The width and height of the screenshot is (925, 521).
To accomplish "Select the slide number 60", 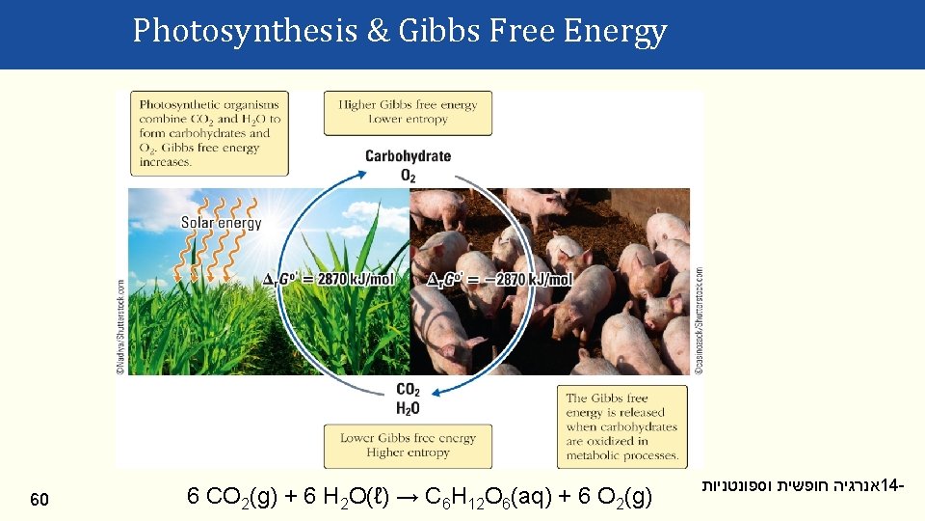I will click(x=40, y=499).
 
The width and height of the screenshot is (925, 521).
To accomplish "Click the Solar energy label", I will click(x=221, y=223).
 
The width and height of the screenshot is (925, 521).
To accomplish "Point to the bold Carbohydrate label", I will click(x=408, y=156).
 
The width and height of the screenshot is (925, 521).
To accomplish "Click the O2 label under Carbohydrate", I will click(x=408, y=175).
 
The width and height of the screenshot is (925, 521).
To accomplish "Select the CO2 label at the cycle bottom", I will click(x=408, y=390).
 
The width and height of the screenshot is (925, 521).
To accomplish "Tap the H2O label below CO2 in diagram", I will click(x=408, y=408).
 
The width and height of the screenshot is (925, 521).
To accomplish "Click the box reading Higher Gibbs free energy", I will click(x=408, y=112).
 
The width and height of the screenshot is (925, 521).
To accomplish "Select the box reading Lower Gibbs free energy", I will click(x=408, y=445).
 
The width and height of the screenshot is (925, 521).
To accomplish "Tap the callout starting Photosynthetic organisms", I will click(x=209, y=133).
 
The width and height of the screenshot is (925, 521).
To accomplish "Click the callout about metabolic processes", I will click(x=621, y=426).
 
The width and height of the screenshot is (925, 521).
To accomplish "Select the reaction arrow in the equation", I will click(x=405, y=498).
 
